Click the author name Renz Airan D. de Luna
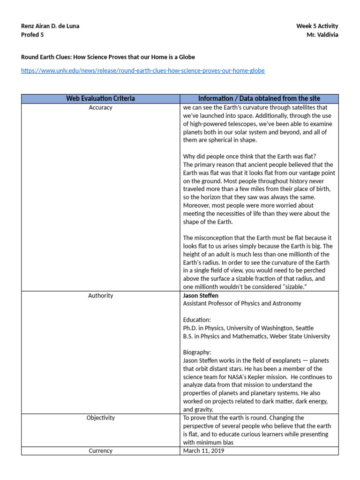[x=50, y=26]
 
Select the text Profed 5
[x=33, y=35]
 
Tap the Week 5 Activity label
[x=317, y=26]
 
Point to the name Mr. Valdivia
[x=322, y=35]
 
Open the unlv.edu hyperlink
[x=143, y=71]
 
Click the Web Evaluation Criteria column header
[x=100, y=98]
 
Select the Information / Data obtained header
[x=259, y=98]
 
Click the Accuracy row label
[x=100, y=108]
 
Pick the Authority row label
[x=100, y=296]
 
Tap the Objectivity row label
[x=100, y=418]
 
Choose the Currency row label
[x=100, y=451]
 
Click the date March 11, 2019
[x=203, y=451]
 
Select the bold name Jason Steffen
[x=201, y=296]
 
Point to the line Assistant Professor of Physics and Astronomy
[x=242, y=304]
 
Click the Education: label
[x=197, y=320]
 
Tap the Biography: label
[x=197, y=352]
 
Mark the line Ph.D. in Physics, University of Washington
[x=248, y=328]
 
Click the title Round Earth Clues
[x=108, y=57]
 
